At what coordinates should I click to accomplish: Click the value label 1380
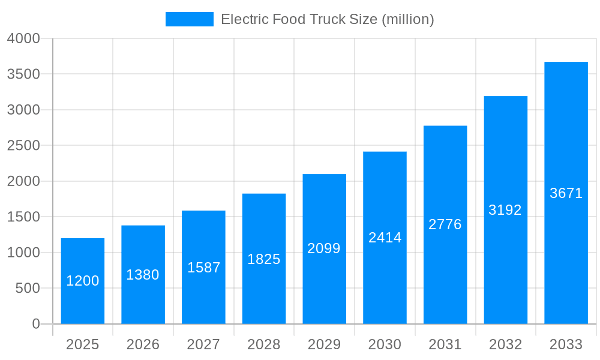[x=143, y=275]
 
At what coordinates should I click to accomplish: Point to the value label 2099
[x=324, y=248]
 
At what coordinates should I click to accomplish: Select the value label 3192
[x=505, y=210]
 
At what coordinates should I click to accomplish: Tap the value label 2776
[x=445, y=224]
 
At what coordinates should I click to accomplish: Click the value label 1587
[x=204, y=268]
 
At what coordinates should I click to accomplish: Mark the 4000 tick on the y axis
[x=23, y=38]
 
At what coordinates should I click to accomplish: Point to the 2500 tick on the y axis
[x=23, y=146]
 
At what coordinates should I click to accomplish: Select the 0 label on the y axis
[x=35, y=324]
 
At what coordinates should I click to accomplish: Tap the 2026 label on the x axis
[x=143, y=344]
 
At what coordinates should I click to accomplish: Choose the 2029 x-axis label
[x=324, y=344]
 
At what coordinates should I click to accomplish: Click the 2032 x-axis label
[x=505, y=344]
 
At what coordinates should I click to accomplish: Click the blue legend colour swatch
[x=190, y=19]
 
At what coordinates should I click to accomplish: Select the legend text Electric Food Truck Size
[x=299, y=19]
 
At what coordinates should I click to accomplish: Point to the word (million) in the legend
[x=407, y=19]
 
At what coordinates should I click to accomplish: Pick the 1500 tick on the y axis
[x=23, y=217]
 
